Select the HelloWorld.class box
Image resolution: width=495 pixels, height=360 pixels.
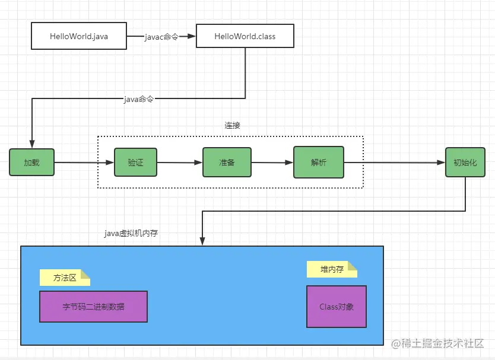tap(236, 36)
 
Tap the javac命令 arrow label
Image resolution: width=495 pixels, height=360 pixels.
tap(161, 37)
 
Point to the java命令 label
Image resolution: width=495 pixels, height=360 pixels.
tap(138, 99)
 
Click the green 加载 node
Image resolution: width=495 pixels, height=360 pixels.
tap(31, 162)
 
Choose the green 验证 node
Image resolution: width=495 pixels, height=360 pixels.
tap(135, 162)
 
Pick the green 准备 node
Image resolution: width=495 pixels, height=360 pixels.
tap(227, 163)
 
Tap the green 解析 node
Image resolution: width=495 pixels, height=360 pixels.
tap(318, 163)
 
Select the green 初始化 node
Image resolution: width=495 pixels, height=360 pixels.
tap(465, 163)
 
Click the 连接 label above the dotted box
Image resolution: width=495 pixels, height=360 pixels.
tap(232, 126)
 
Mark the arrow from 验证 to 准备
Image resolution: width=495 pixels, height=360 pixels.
tap(179, 163)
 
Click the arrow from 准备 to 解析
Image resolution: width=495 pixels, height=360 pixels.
tap(272, 163)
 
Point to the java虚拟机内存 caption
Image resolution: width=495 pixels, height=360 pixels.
tap(131, 234)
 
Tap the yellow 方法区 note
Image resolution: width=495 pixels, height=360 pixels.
tap(65, 278)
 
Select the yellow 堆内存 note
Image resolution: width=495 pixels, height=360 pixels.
tap(332, 270)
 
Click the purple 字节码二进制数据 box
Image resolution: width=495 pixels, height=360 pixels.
tap(93, 307)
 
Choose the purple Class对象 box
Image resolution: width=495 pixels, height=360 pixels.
tap(336, 307)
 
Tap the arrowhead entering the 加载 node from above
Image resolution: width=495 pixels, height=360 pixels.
tap(31, 144)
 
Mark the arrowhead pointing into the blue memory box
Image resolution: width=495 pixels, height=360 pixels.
tap(202, 241)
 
